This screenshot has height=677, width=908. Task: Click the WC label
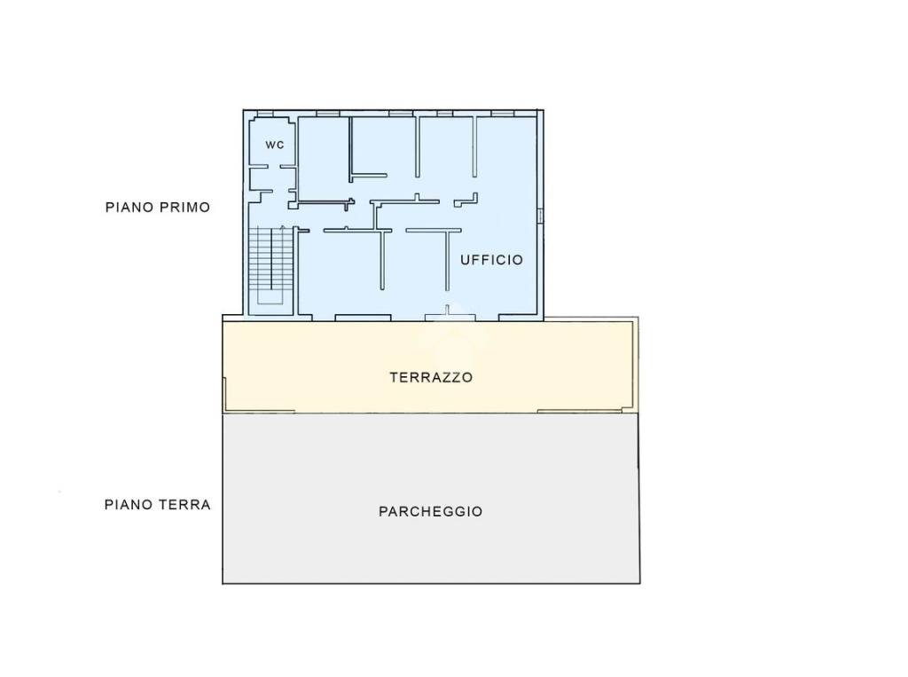[x=275, y=145]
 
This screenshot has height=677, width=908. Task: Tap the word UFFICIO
[x=491, y=260]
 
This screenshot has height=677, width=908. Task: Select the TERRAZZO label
[x=432, y=377]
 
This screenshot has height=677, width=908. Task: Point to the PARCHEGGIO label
[x=431, y=511]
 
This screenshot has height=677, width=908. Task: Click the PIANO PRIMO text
[x=158, y=207]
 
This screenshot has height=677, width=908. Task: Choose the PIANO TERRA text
[x=158, y=504]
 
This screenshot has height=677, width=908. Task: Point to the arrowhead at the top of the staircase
[x=283, y=227]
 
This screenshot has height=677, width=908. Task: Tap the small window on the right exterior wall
[x=540, y=216]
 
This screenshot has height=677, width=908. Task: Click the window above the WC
[x=265, y=113]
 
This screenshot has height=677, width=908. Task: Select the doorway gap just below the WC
[x=275, y=167]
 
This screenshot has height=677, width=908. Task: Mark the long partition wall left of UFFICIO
[x=447, y=260]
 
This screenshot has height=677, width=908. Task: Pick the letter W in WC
[x=270, y=145]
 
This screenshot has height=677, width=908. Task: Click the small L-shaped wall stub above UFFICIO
[x=466, y=201]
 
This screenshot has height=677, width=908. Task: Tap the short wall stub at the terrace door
[x=447, y=310]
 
